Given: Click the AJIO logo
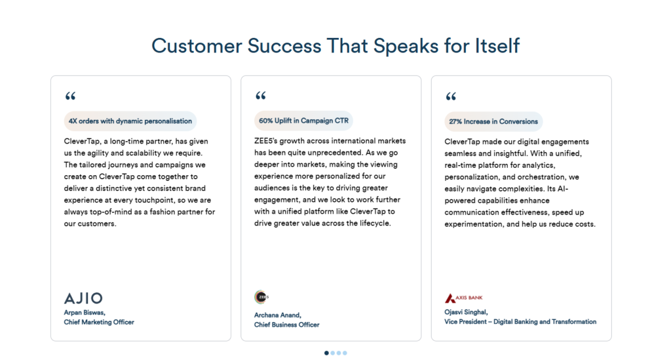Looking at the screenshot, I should point(83,298).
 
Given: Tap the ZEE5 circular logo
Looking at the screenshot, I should point(261,297).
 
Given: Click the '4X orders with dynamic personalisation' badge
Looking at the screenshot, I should point(130,121).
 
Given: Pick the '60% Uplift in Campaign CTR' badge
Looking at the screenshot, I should point(304,121).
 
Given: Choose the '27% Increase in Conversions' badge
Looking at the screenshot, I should point(493,121).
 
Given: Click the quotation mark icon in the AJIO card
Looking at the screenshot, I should point(70,96).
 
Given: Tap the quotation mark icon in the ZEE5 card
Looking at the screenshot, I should point(260,96).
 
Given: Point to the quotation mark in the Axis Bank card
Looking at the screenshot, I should point(450,96).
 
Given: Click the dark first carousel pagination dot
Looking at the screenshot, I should point(326,353).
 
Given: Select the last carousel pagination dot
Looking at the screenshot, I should point(345,353).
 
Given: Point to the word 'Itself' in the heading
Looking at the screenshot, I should point(495,45).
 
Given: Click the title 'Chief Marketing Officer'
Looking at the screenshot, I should point(98,322).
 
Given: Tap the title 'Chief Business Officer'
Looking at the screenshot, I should point(286,325).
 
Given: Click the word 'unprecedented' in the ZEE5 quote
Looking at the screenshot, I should point(317,153).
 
